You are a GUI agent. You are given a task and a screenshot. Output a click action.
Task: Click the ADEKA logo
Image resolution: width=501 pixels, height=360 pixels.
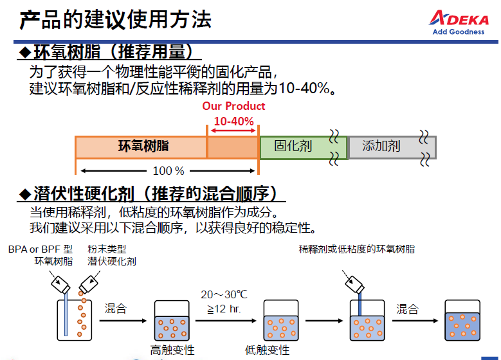pyautogui.click(x=459, y=22)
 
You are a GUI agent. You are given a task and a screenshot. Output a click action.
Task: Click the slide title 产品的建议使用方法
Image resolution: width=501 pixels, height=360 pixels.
pyautogui.click(x=115, y=19)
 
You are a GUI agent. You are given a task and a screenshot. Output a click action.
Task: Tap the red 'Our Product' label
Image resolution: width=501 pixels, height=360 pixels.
pyautogui.click(x=233, y=105)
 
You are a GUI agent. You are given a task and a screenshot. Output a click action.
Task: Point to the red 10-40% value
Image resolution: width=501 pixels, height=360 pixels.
pyautogui.click(x=233, y=121)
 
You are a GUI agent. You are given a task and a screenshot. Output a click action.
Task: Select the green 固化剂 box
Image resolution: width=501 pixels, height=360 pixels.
pyautogui.click(x=304, y=147)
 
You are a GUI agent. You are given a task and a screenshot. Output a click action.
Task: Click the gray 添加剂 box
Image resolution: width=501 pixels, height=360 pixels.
pyautogui.click(x=392, y=147)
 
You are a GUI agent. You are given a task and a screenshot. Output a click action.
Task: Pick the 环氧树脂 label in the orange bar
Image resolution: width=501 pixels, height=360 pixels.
pyautogui.click(x=143, y=146)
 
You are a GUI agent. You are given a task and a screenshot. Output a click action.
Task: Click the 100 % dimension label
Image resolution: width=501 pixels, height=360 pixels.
pyautogui.click(x=169, y=171)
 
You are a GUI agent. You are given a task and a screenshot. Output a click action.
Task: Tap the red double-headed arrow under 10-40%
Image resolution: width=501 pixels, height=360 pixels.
pyautogui.click(x=233, y=130)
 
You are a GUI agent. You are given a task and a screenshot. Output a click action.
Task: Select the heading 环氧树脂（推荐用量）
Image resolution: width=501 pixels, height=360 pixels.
pyautogui.click(x=109, y=51)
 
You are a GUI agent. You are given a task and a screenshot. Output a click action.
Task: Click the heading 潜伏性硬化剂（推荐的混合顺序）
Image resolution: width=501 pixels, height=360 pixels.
pyautogui.click(x=150, y=194)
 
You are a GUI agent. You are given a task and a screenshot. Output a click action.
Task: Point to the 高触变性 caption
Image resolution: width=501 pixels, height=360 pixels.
pyautogui.click(x=172, y=350)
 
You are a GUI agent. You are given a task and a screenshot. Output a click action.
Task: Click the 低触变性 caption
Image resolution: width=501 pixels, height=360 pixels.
pyautogui.click(x=267, y=350)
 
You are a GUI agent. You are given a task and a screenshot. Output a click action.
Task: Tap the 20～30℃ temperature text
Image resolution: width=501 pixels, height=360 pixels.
pyautogui.click(x=224, y=294)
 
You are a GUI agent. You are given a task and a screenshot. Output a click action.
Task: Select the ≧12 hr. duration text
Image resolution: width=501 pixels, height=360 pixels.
pyautogui.click(x=224, y=309)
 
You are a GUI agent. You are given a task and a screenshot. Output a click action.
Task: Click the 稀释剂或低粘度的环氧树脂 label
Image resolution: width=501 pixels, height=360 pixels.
pyautogui.click(x=356, y=249)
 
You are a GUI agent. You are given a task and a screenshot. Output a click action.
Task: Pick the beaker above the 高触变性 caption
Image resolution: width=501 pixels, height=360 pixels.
pyautogui.click(x=172, y=320)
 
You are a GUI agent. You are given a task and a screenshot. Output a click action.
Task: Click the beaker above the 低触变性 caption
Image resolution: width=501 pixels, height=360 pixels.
pyautogui.click(x=281, y=320)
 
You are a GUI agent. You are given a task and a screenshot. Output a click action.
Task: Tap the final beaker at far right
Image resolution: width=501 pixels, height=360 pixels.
pyautogui.click(x=462, y=320)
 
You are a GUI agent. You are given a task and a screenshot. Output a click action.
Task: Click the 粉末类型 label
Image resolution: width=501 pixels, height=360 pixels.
pyautogui.click(x=107, y=249)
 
